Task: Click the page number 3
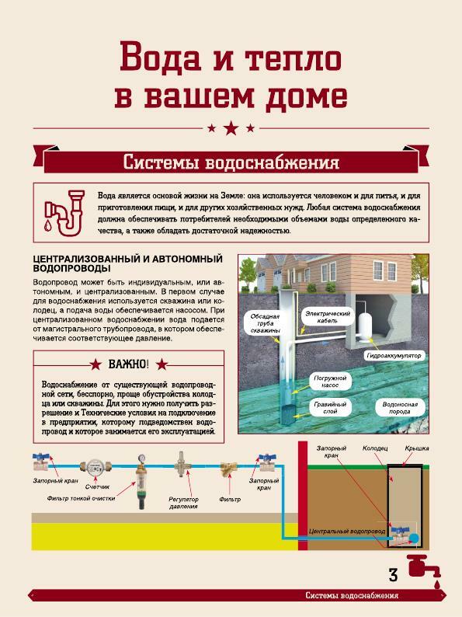(x=393, y=575)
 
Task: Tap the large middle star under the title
(x=231, y=128)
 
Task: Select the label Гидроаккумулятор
(x=394, y=355)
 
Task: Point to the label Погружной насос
(x=330, y=382)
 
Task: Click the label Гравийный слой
(x=330, y=408)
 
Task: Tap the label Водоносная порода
(x=399, y=408)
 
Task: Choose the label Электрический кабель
(x=327, y=317)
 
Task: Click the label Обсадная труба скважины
(x=265, y=323)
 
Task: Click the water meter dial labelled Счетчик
(x=95, y=467)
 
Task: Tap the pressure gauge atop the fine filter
(x=141, y=458)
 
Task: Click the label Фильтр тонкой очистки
(x=81, y=498)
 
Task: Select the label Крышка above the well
(x=416, y=448)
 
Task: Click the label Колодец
(x=375, y=448)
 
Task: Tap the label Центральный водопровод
(x=347, y=532)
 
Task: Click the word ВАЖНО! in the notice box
(x=129, y=364)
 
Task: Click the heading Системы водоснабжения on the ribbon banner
(x=231, y=162)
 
